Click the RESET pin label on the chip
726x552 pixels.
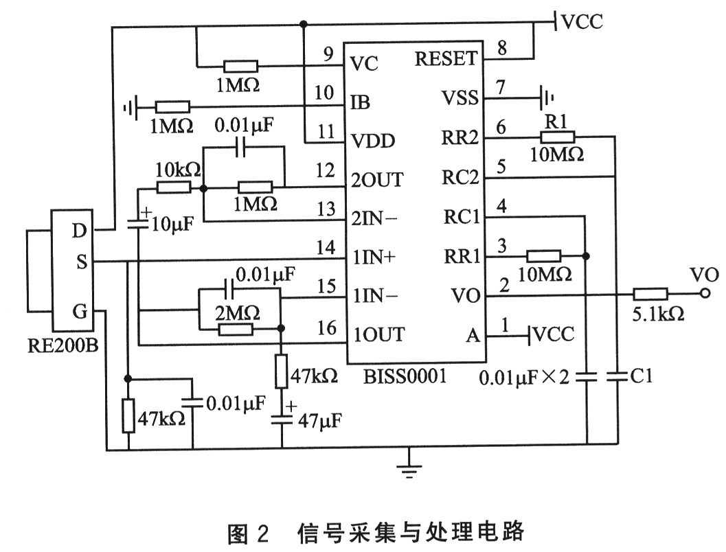pos(446,58)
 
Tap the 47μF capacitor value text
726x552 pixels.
pos(321,419)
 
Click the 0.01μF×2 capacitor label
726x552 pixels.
pos(526,376)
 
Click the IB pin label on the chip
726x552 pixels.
pos(360,102)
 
